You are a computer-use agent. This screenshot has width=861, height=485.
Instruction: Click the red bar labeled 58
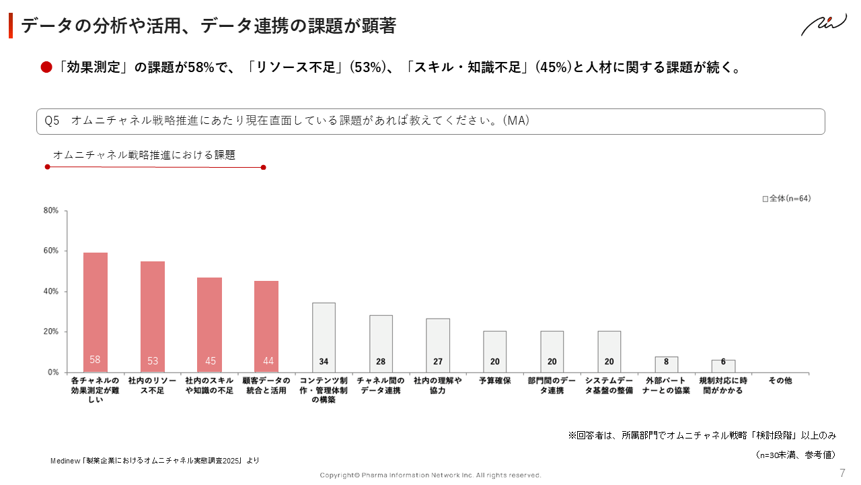[x=96, y=313]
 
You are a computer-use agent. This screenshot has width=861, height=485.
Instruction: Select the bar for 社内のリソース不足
[x=153, y=317]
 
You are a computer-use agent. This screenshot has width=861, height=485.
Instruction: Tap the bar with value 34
[x=324, y=337]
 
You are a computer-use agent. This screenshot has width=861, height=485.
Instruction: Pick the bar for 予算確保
[x=495, y=351]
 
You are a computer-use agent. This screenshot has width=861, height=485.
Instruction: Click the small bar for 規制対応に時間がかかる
[x=723, y=366]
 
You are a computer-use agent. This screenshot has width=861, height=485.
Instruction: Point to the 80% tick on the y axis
[x=51, y=211]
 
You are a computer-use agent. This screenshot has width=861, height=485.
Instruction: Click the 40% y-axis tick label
[x=51, y=292]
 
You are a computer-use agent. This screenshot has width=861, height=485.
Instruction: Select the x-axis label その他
[x=780, y=381]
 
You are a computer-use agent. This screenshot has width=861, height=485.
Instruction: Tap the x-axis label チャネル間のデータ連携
[x=381, y=385]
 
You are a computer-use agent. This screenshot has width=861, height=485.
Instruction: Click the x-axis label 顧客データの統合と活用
[x=266, y=385]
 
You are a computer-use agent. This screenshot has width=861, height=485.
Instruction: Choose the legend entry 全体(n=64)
[x=786, y=199]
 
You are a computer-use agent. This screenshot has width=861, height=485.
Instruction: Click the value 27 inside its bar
[x=438, y=362]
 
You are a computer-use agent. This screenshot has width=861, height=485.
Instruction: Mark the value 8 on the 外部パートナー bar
[x=666, y=362]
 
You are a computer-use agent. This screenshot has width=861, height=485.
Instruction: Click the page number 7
[x=842, y=473]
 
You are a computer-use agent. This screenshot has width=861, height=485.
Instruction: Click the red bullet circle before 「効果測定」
[x=46, y=67]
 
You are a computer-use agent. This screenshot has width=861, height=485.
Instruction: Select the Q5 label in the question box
[x=52, y=121]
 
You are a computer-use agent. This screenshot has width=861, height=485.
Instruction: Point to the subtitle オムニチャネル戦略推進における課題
[x=144, y=155]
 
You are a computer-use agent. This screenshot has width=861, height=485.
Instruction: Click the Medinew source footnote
[x=155, y=461]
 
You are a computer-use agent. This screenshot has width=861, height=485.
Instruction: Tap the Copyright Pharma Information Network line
[x=430, y=476]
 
